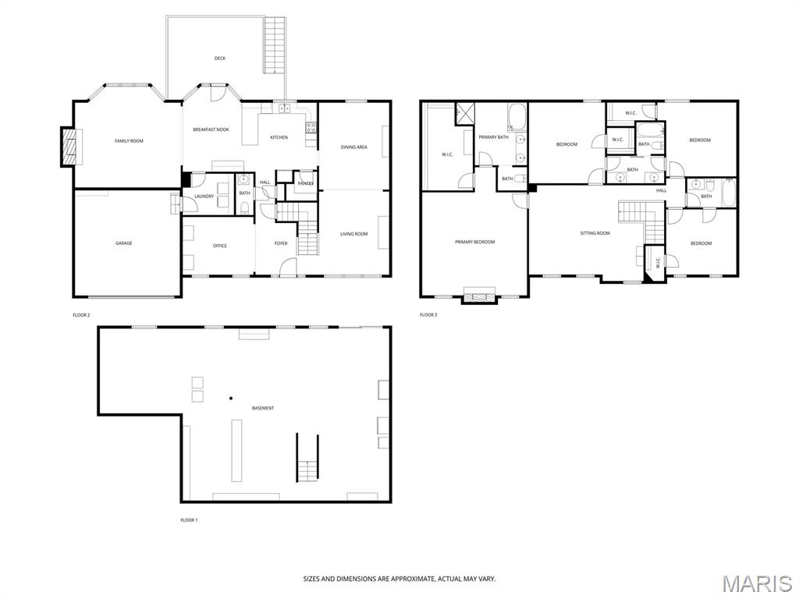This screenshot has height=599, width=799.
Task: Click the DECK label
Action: click(220, 58)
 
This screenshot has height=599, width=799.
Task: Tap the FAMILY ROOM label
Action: click(129, 141)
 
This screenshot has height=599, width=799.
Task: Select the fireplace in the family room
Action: click(69, 147)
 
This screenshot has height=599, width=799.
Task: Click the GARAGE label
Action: click(124, 243)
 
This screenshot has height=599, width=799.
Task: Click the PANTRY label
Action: click(305, 184)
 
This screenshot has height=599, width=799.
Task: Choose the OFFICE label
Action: click(220, 246)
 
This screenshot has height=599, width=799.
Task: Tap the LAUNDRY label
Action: click(204, 197)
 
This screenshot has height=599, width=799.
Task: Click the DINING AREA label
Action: click(354, 147)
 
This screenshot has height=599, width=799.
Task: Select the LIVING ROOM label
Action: click(353, 234)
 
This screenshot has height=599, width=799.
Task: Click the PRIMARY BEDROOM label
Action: click(474, 243)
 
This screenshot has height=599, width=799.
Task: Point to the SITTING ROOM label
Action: click(595, 233)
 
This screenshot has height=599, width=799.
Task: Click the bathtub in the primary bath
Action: click(517, 118)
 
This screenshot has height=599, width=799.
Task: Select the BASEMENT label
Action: click(263, 409)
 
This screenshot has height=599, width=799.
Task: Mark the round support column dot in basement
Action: click(231, 399)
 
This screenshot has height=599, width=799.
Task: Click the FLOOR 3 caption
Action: click(428, 315)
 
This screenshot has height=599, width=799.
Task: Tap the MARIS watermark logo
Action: click(756, 583)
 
